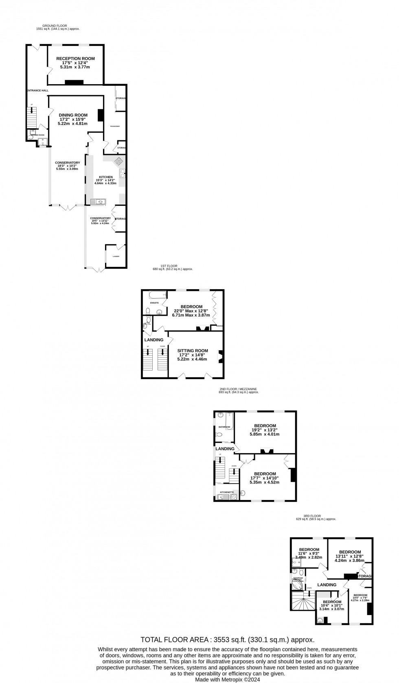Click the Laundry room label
coord(116,256)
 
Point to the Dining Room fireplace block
coord(100,116)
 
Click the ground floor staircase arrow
coord(31,111)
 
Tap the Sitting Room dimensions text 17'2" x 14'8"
coord(193,355)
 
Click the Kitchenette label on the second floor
coord(227,492)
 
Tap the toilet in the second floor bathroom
coord(219,435)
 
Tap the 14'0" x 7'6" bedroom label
coord(360,597)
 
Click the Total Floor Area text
coord(227,640)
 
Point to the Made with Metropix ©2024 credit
coord(227,679)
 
